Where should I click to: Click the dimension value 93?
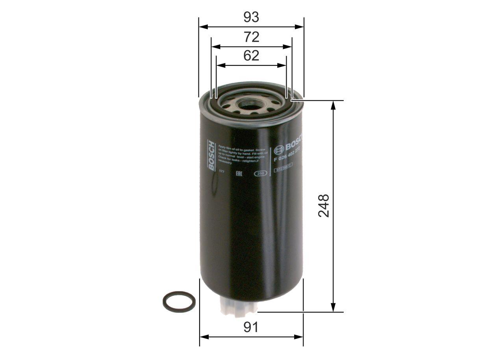coord(251,17)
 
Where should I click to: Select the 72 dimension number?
coord(251,37)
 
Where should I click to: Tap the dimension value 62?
coord(251,56)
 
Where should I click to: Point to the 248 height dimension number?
coord(324,205)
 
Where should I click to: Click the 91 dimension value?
coord(251,327)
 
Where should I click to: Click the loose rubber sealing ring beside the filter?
coord(179,302)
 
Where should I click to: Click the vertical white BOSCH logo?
coord(211,156)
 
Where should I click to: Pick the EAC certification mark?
coord(239,173)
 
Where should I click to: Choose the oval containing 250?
coord(259,174)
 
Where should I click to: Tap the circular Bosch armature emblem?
coord(279,149)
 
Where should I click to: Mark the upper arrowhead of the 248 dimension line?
coord(334,104)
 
